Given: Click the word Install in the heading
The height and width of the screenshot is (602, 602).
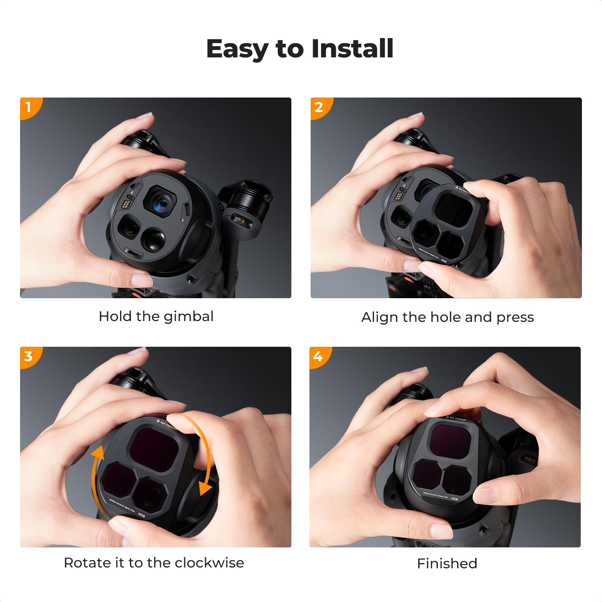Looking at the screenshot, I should [352, 49].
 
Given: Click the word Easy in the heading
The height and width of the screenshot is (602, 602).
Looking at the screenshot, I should [237, 49].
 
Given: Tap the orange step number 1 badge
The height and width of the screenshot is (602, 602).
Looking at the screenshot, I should [28, 107].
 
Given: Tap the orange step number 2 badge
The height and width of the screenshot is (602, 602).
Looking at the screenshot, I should [319, 107].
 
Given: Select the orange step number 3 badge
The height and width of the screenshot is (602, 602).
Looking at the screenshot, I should [28, 356].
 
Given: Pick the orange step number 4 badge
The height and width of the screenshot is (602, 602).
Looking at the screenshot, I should [318, 356].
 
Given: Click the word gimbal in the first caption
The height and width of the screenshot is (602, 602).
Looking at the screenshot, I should [189, 317].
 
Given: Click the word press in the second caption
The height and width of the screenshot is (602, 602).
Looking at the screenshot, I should [515, 317].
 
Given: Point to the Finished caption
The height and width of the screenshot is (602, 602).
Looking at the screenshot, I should [447, 563].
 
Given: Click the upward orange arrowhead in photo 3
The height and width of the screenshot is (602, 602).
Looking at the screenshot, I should [97, 454].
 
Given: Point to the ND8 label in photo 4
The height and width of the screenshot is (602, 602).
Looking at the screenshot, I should [454, 499].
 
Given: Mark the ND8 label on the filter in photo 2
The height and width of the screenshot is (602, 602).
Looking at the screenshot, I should [444, 261].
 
